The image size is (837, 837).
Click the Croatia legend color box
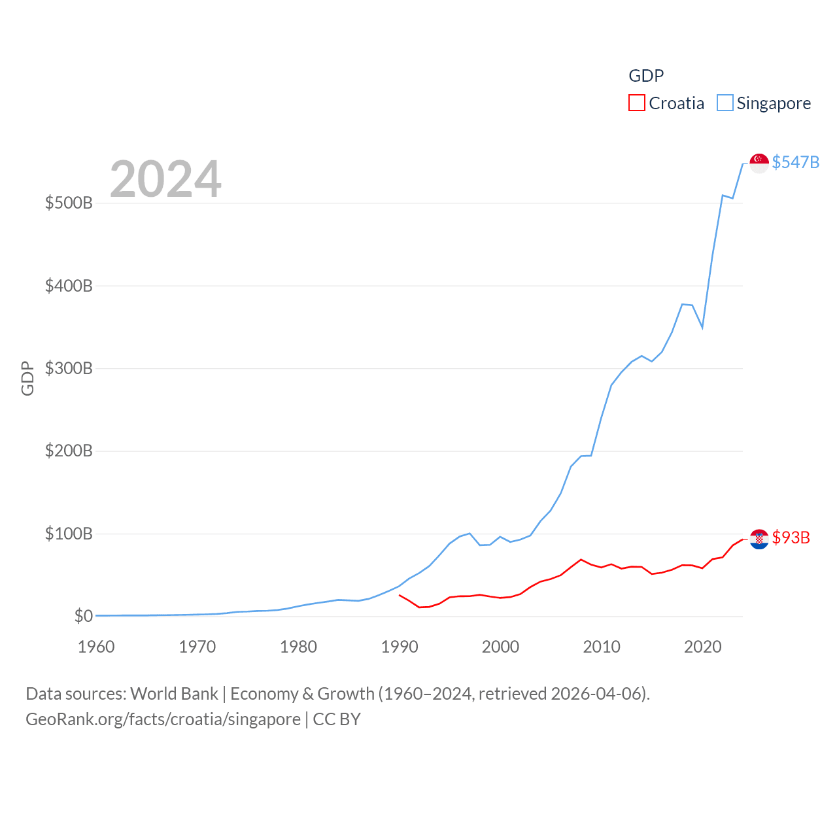point(636,103)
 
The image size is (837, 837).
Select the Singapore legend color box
point(725,103)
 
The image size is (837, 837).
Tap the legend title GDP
point(646,76)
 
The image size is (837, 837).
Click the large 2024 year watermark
point(165,179)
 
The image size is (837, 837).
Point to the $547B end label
point(795,162)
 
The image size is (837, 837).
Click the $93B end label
point(791,538)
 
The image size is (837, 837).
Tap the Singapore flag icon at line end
point(759,163)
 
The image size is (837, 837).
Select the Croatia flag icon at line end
point(759,539)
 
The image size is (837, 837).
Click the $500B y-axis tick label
point(69,203)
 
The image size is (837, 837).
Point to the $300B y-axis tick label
point(69,368)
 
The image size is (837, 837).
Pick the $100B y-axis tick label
point(69,534)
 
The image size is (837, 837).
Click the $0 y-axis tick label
point(83,616)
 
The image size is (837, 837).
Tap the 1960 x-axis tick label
point(96,647)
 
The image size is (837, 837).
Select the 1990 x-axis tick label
point(399,647)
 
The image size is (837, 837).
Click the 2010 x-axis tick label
point(602,647)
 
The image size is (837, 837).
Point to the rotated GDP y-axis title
point(27,378)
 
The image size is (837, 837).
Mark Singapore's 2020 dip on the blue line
point(702,327)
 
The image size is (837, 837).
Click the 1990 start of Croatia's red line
point(400,595)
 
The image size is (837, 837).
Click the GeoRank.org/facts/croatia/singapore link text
point(163,719)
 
